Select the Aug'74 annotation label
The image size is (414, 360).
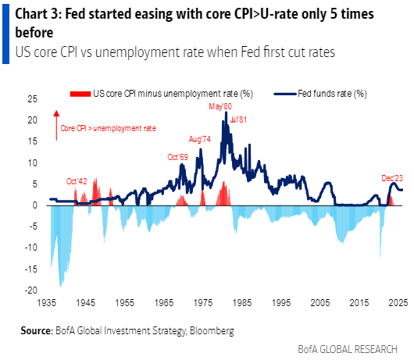202,139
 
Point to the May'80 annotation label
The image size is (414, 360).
219,106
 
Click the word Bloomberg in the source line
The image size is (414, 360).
209,330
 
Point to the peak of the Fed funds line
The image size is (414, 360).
226,112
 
